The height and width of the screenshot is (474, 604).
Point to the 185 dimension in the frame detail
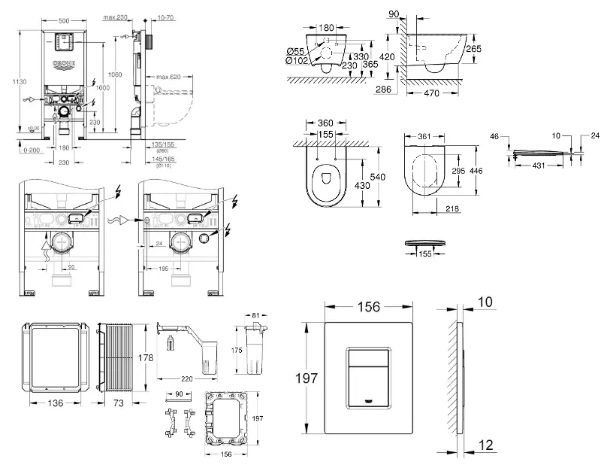tap(162, 268)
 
